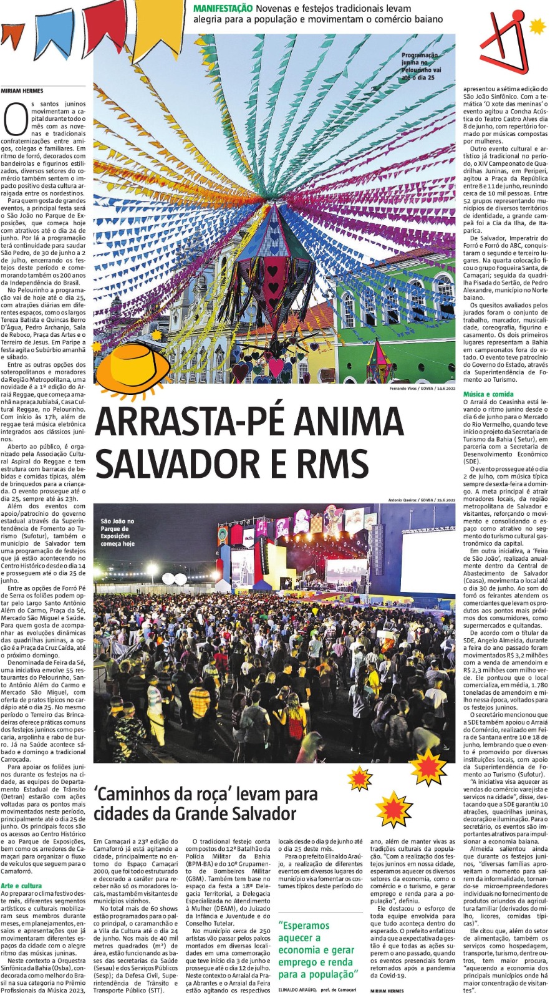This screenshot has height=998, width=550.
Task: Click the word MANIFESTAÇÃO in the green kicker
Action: tap(223, 9)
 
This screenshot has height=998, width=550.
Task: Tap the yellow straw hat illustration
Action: tap(133, 366)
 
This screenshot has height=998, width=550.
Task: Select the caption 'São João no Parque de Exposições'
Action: tap(117, 532)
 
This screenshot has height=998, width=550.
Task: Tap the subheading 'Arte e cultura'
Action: tap(21, 886)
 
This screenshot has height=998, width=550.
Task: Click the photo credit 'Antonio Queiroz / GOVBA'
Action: tap(422, 500)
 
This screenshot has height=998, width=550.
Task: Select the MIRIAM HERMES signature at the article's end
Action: tap(387, 991)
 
